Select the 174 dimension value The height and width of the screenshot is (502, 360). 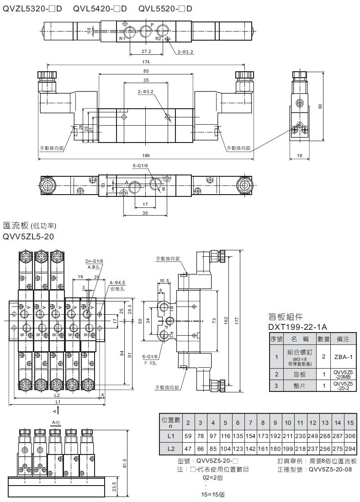click(146, 61)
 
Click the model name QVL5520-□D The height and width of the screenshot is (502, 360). click(165, 9)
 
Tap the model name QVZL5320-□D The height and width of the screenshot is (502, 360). click(32, 9)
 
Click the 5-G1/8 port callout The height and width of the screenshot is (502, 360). click(140, 166)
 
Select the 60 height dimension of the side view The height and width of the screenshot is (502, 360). click(320, 106)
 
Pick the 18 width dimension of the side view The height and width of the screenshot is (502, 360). click(300, 156)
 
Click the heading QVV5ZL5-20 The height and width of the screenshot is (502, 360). click(28, 237)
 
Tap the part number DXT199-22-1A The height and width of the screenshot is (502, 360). click(297, 327)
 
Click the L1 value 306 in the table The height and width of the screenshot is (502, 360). click(350, 436)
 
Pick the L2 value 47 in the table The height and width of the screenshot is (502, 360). click(188, 449)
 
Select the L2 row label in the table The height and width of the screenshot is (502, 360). click(171, 449)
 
